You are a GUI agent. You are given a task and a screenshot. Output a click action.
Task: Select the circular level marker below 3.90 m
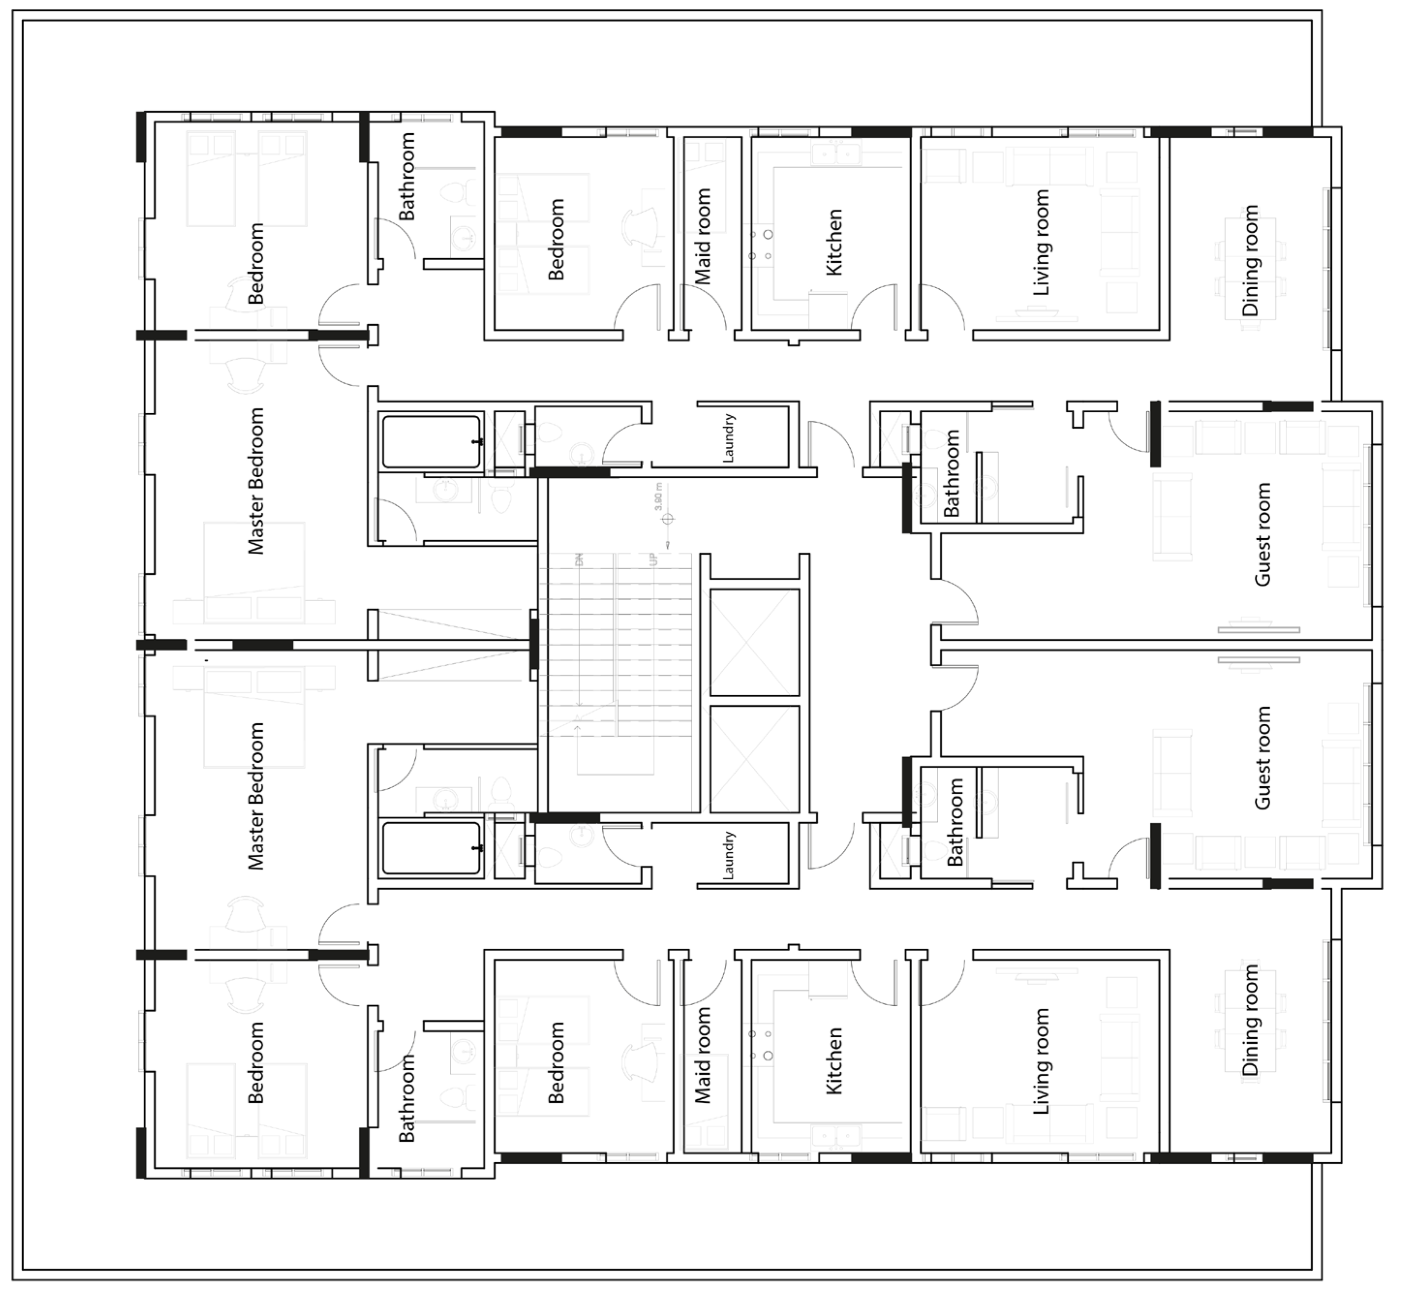pyautogui.click(x=668, y=519)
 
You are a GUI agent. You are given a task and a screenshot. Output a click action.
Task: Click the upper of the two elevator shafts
pyautogui.click(x=754, y=642)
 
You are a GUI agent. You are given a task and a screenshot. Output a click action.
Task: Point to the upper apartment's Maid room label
pyautogui.click(x=702, y=236)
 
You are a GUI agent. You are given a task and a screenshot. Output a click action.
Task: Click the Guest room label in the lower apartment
pyautogui.click(x=1263, y=758)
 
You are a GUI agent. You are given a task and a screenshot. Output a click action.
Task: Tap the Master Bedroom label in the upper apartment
pyautogui.click(x=256, y=481)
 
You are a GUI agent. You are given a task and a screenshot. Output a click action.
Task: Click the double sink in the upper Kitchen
pyautogui.click(x=836, y=153)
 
